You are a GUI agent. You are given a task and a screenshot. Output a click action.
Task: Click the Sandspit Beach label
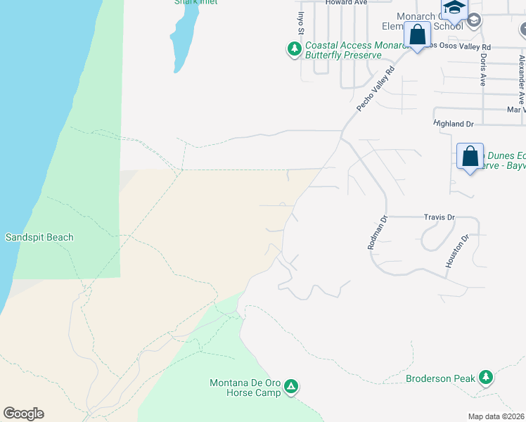pos(39,237)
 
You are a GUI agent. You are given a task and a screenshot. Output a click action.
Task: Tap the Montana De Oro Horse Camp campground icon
pos(290,386)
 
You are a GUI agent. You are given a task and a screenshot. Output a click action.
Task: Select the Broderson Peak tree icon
pos(485,378)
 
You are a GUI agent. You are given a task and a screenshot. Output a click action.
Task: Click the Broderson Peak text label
pos(441,378)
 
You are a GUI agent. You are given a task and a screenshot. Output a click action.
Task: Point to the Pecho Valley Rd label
pos(376,89)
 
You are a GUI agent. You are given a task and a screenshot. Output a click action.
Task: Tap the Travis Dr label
pos(440,217)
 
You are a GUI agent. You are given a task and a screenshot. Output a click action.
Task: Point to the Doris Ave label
pos(483,70)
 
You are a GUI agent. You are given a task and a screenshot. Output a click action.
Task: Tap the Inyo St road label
pos(300,23)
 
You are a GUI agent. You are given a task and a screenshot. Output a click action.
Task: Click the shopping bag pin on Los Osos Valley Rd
pos(417,34)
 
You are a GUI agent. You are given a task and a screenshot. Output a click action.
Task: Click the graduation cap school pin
pos(454,8)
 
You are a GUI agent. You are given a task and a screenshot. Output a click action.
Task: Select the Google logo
pos(23,414)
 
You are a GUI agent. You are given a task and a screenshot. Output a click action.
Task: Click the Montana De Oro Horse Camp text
pos(245,388)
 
